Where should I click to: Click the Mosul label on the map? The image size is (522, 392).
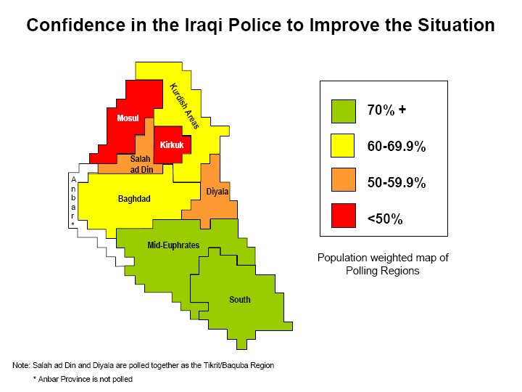[128, 118]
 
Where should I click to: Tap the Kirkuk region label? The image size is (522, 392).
[172, 145]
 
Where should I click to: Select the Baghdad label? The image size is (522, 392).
[134, 199]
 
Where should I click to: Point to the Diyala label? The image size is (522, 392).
[217, 192]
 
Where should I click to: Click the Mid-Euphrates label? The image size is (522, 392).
[173, 245]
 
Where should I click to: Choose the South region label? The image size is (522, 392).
[240, 300]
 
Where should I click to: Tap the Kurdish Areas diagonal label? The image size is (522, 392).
[184, 106]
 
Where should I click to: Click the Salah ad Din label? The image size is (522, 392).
[141, 164]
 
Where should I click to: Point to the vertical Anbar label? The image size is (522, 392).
[73, 202]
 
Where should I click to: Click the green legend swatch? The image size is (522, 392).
[344, 111]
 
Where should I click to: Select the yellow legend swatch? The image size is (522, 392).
[342, 146]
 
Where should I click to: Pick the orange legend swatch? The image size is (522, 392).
[344, 180]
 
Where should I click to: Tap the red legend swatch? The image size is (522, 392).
[344, 216]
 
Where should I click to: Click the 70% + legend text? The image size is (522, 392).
[386, 110]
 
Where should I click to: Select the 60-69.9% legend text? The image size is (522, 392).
[397, 147]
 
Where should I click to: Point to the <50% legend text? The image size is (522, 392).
[385, 219]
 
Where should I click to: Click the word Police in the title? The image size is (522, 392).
[254, 25]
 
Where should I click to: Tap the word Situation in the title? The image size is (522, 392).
[456, 25]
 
